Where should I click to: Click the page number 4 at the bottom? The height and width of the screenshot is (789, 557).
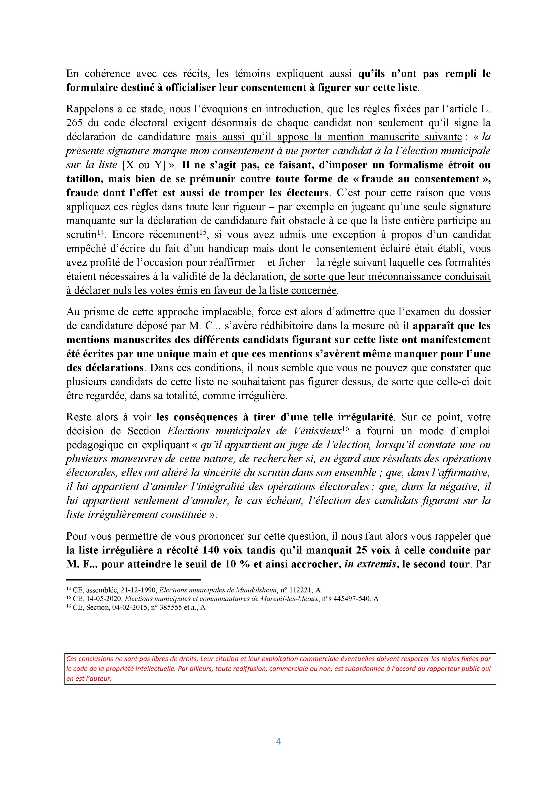(278, 741)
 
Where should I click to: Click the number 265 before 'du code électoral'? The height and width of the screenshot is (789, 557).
(74, 123)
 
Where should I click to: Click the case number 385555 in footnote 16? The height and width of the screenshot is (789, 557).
(164, 607)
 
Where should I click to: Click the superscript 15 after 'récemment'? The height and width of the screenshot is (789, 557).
(203, 232)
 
